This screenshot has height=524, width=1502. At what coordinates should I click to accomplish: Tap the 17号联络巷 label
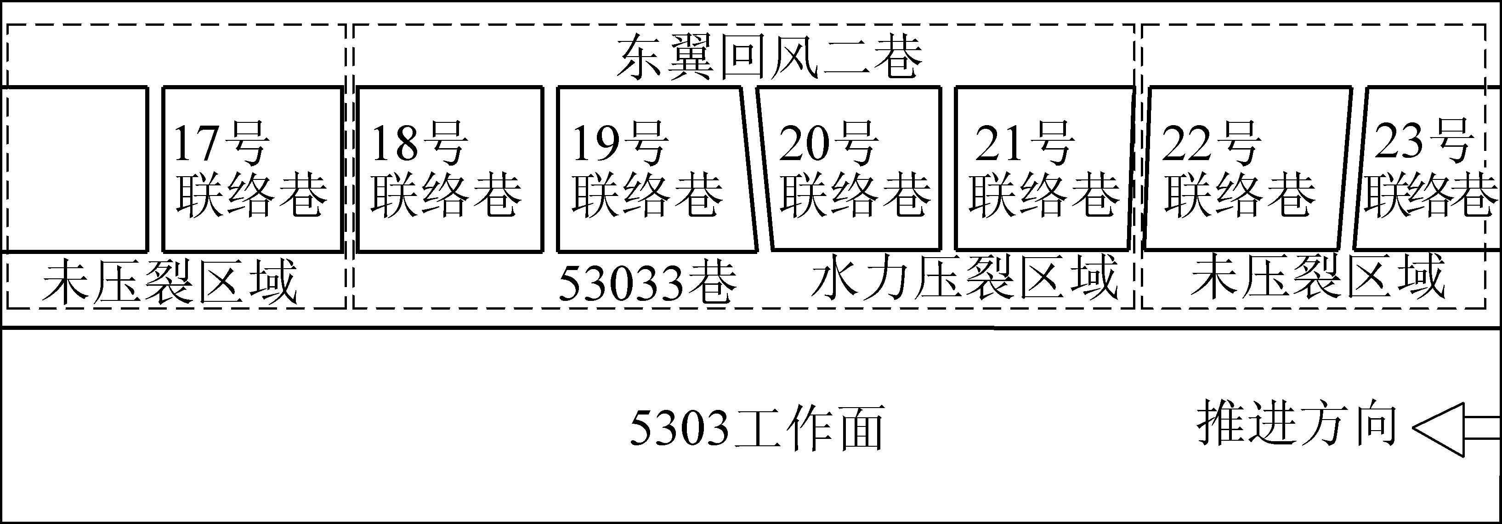pyautogui.click(x=251, y=169)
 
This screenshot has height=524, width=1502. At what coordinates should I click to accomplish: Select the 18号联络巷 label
pyautogui.click(x=446, y=169)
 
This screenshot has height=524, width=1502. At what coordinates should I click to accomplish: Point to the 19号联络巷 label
pyautogui.click(x=647, y=169)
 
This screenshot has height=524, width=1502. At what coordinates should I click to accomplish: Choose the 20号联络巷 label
pyautogui.click(x=854, y=169)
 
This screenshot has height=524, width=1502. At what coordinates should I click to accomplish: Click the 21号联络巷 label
pyautogui.click(x=1044, y=169)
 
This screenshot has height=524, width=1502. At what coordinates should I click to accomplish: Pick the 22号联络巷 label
pyautogui.click(x=1239, y=169)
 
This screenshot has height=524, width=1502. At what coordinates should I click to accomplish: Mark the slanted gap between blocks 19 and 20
pyautogui.click(x=757, y=169)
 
